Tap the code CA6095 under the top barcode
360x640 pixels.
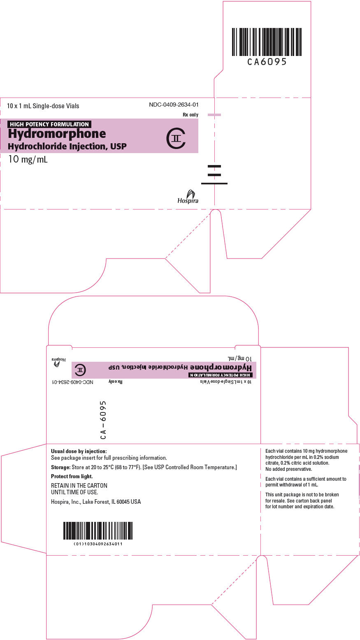(267, 62)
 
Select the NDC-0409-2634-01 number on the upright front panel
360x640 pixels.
(174, 105)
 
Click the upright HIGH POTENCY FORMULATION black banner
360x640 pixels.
(49, 124)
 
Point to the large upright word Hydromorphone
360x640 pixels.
(57, 134)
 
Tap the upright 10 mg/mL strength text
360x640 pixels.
(28, 159)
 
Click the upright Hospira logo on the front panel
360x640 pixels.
(188, 197)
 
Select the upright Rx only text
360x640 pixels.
(190, 115)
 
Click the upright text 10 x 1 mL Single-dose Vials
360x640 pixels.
(43, 106)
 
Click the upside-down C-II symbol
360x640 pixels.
(81, 370)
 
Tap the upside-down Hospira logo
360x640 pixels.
(59, 361)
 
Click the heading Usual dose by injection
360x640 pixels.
(79, 451)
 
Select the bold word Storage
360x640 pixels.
(60, 467)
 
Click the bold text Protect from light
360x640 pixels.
(72, 476)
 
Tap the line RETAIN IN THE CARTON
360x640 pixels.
(79, 486)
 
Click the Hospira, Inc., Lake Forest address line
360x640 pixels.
(96, 502)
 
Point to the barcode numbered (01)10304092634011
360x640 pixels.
(98, 531)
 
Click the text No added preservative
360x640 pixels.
(289, 469)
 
